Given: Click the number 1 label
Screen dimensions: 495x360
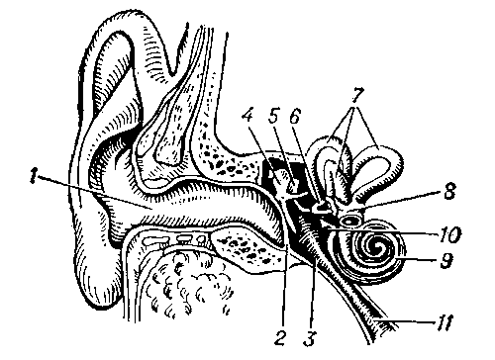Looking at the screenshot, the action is click(32, 175).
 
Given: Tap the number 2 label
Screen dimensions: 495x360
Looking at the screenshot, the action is click(280, 338).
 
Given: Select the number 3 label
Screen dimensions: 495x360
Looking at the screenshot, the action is click(309, 338).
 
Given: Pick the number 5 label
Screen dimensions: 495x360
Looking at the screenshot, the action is click(273, 115).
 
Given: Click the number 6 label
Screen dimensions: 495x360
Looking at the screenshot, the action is click(295, 115).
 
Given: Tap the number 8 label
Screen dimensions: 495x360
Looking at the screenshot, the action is click(448, 191).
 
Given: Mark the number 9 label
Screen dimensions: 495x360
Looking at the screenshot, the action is click(446, 260).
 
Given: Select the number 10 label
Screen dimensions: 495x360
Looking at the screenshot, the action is click(448, 234).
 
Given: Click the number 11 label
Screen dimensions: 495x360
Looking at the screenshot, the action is click(444, 322).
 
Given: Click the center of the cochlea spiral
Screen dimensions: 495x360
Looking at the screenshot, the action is click(375, 247).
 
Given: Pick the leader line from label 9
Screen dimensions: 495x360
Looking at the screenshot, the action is click(419, 259).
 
